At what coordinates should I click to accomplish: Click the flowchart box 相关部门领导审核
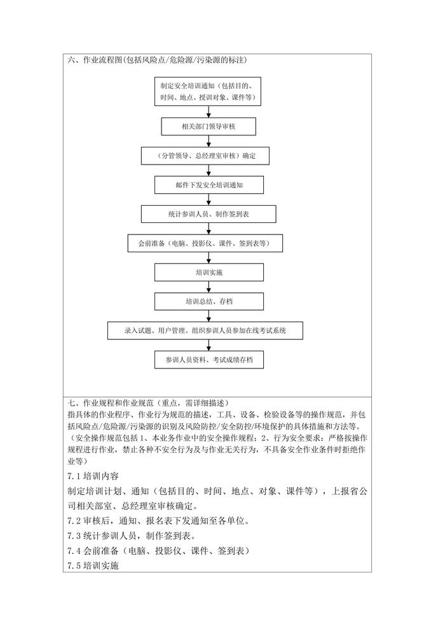[209, 126]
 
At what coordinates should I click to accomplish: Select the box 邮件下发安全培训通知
[209, 185]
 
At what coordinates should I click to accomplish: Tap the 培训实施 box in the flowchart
[209, 272]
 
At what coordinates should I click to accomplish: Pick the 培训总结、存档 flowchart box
[209, 301]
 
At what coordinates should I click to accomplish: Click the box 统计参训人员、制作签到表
[209, 214]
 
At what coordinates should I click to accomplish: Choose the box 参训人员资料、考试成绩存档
[209, 360]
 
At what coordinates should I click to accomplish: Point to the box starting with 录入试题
[205, 330]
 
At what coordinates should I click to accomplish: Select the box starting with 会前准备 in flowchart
[205, 243]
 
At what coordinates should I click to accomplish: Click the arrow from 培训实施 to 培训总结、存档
[209, 287]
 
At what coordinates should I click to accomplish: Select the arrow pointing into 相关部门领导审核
[209, 111]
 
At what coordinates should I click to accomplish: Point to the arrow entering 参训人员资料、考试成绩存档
[209, 345]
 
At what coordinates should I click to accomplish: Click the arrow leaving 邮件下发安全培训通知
[209, 200]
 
